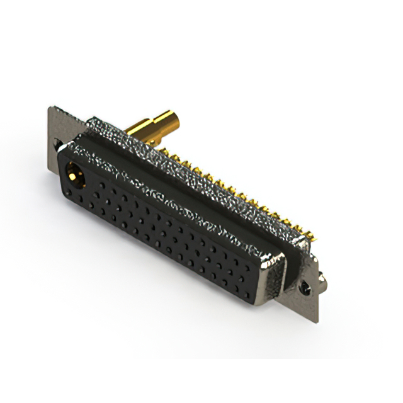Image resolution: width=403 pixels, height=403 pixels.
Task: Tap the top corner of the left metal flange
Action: coord(50,108)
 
